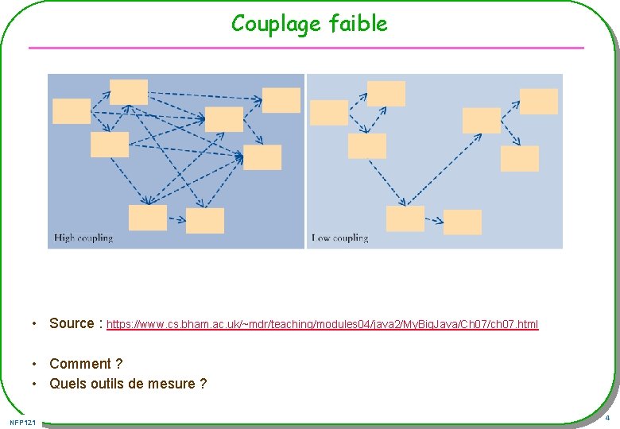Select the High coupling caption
coord(83,238)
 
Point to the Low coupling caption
coord(340,238)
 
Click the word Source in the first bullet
coord(72,323)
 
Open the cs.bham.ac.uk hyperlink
coord(322,324)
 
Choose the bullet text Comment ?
coord(86,364)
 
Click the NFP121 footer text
coord(23,421)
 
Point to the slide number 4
coord(607,419)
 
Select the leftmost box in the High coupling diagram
coord(72,111)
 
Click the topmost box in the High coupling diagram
coord(129,92)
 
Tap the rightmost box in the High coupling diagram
coord(281,100)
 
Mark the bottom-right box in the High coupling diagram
coord(205,221)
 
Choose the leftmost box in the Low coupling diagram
coord(329,113)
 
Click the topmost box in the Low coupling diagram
coord(386,94)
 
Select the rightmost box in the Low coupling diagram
coord(539,102)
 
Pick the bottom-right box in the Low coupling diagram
coord(463,222)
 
